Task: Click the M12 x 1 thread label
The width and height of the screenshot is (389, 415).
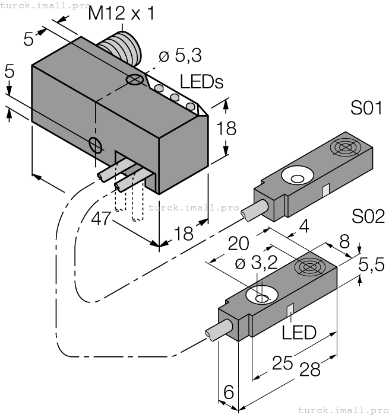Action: (121, 13)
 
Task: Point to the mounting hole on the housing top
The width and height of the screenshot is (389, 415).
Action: (136, 79)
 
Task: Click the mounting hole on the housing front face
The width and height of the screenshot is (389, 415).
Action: (94, 143)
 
